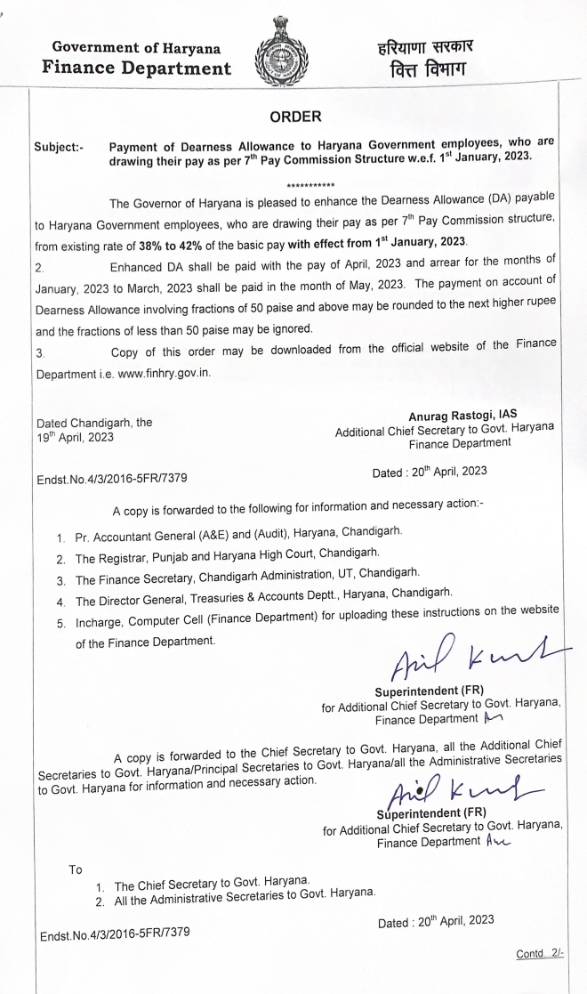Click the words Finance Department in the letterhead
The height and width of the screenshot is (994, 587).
(x=130, y=67)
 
